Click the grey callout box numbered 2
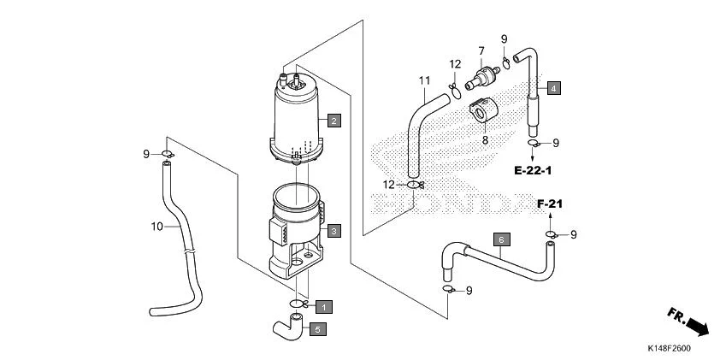333,121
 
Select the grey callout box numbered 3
333,231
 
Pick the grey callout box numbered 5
316,328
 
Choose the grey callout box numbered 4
553,88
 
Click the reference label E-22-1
533,171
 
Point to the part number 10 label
156,227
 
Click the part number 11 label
423,80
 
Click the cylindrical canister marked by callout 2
297,120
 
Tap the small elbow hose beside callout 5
288,326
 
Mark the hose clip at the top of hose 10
168,154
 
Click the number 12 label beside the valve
456,64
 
